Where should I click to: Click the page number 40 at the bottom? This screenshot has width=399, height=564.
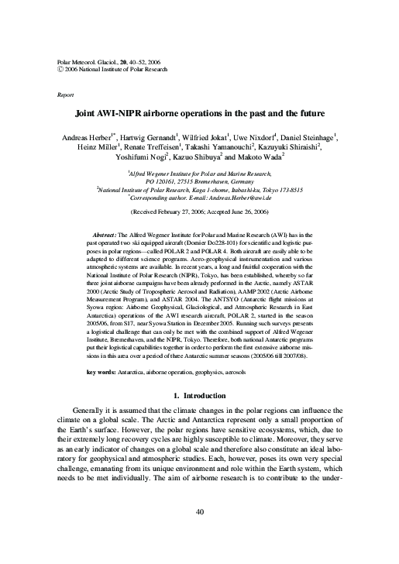[x=200, y=533]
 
